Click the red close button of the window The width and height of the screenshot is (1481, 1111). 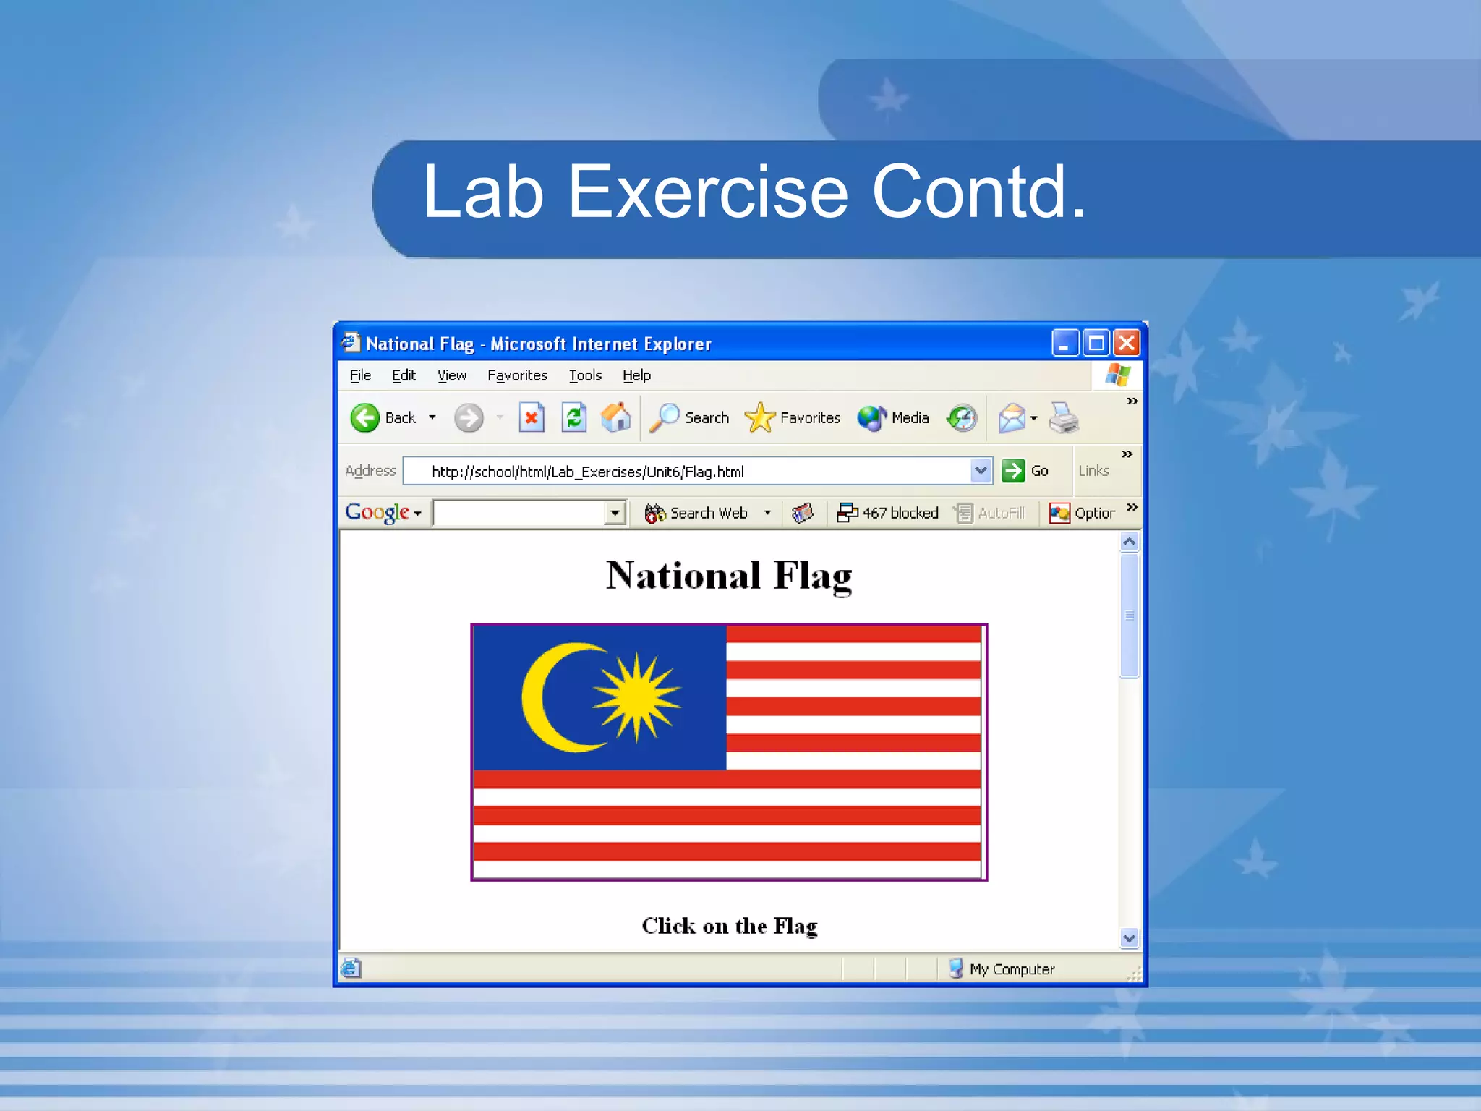pyautogui.click(x=1127, y=343)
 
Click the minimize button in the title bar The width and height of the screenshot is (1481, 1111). pyautogui.click(x=1064, y=343)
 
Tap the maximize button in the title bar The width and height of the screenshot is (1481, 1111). pyautogui.click(x=1096, y=343)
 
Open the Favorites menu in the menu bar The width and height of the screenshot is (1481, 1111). pyautogui.click(x=516, y=375)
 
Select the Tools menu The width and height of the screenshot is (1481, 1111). pyautogui.click(x=584, y=375)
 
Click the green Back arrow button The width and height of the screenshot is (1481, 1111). pyautogui.click(x=365, y=418)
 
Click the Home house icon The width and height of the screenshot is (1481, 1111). pyautogui.click(x=615, y=417)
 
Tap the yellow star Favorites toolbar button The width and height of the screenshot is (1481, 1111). pyautogui.click(x=759, y=418)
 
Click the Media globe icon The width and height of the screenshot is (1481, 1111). pyautogui.click(x=871, y=418)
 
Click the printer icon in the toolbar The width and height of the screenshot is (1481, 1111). pyautogui.click(x=1063, y=418)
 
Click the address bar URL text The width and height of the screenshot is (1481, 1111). pyautogui.click(x=587, y=472)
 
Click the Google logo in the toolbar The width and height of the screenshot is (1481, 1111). pyautogui.click(x=377, y=513)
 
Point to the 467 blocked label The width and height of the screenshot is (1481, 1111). pyautogui.click(x=900, y=513)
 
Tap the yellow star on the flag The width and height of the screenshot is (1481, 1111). pyautogui.click(x=636, y=697)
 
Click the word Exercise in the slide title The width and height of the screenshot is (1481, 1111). pyautogui.click(x=707, y=192)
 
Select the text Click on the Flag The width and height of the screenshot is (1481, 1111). pyautogui.click(x=729, y=926)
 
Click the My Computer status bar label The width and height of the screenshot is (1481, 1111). pyautogui.click(x=1011, y=969)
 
